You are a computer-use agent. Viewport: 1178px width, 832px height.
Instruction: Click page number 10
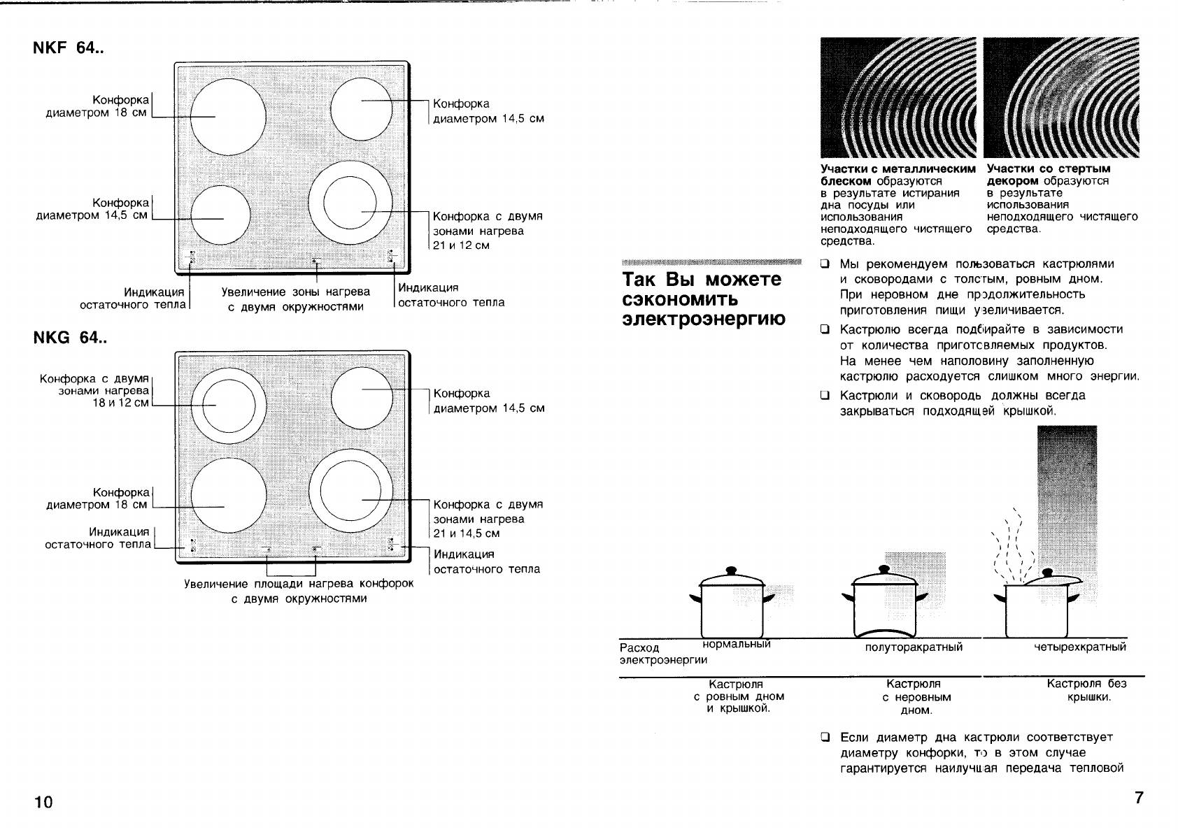coord(43,802)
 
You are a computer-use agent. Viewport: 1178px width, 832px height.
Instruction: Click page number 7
coord(1138,798)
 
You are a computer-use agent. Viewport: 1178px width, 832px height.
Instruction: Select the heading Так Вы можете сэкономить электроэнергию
coord(702,299)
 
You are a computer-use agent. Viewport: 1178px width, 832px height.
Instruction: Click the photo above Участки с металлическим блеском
coord(898,98)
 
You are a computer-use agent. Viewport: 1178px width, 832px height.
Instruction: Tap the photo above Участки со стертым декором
coord(1060,98)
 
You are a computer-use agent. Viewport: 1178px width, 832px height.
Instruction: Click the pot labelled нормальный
coord(732,605)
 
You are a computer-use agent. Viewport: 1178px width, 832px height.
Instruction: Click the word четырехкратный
coord(1080,647)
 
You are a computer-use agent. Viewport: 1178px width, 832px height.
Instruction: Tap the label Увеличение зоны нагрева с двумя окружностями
coord(296,299)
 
